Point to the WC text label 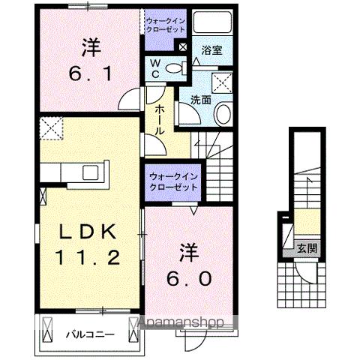point(154,69)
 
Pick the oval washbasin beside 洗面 point(223,114)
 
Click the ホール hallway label point(160,119)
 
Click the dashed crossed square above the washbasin point(222,82)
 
